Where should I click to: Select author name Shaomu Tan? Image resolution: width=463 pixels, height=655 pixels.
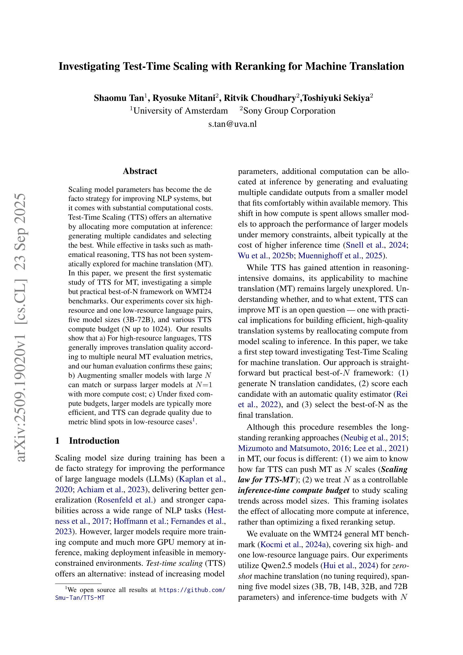(119, 98)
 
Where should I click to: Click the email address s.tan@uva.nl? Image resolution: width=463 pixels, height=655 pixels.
(232, 124)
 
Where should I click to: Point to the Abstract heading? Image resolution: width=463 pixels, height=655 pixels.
(140, 171)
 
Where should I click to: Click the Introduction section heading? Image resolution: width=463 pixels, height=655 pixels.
(94, 441)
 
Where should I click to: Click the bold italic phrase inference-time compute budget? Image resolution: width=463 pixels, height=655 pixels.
(293, 490)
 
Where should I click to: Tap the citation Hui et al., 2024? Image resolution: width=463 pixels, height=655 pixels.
(349, 566)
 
